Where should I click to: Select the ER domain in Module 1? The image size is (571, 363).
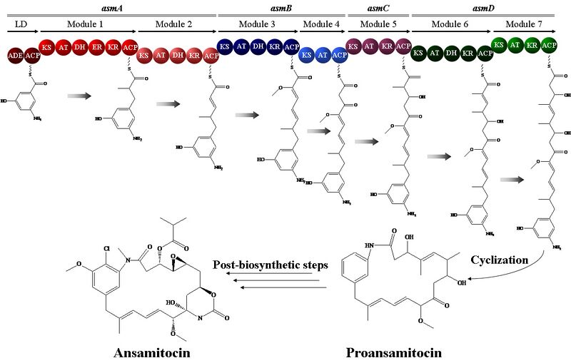click(96, 48)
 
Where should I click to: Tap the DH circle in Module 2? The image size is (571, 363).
click(178, 55)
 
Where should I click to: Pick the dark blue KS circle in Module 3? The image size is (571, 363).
click(225, 48)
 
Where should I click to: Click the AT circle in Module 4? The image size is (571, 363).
click(322, 55)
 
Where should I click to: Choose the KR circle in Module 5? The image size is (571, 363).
click(387, 48)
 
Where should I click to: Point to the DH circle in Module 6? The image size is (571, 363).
click(452, 52)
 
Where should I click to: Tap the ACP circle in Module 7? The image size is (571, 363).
click(549, 46)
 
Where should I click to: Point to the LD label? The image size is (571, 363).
click(21, 24)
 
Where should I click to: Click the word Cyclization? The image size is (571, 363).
click(499, 260)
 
